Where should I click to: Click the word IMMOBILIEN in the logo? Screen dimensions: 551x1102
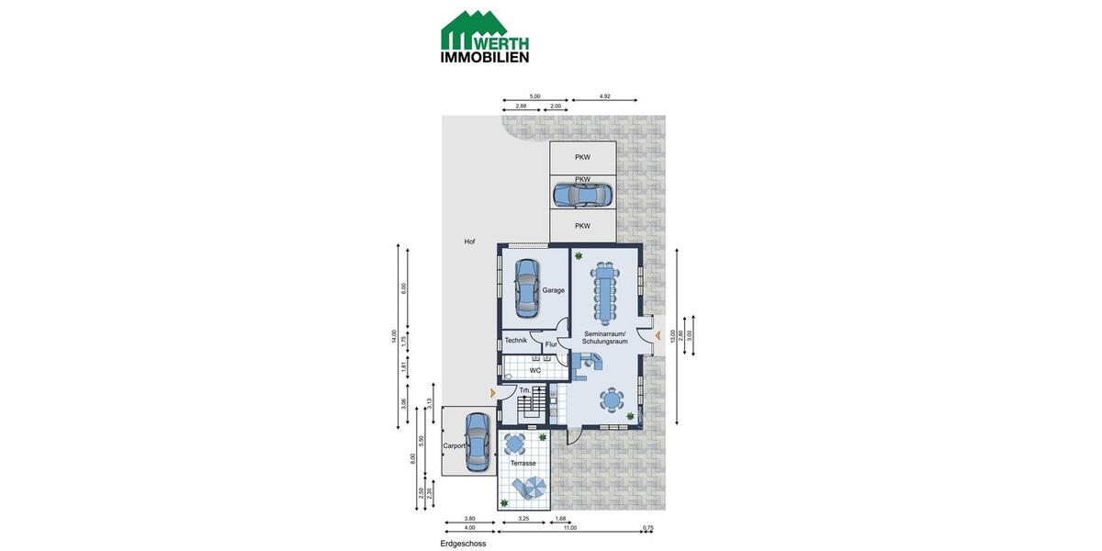pyautogui.click(x=485, y=56)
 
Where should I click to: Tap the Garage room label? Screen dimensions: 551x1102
pyautogui.click(x=553, y=290)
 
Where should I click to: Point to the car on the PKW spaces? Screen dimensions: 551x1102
pyautogui.click(x=582, y=195)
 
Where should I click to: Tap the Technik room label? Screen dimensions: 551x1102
pyautogui.click(x=515, y=341)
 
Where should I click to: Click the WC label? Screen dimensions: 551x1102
pyautogui.click(x=534, y=370)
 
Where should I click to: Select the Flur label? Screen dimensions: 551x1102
pyautogui.click(x=551, y=344)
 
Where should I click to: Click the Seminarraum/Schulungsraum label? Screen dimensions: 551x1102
pyautogui.click(x=604, y=337)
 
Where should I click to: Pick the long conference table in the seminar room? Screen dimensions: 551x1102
pyautogui.click(x=604, y=290)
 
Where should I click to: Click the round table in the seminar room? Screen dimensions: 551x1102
pyautogui.click(x=611, y=399)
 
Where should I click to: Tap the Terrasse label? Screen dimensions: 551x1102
pyautogui.click(x=523, y=464)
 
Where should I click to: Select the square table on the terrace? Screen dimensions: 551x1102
pyautogui.click(x=516, y=445)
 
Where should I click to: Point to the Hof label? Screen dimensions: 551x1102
pyautogui.click(x=469, y=242)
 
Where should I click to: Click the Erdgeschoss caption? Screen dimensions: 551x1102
pyautogui.click(x=463, y=544)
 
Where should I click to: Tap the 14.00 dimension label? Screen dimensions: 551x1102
pyautogui.click(x=394, y=336)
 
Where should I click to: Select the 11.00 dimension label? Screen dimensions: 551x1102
pyautogui.click(x=569, y=528)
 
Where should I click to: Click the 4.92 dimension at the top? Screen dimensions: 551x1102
pyautogui.click(x=605, y=96)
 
